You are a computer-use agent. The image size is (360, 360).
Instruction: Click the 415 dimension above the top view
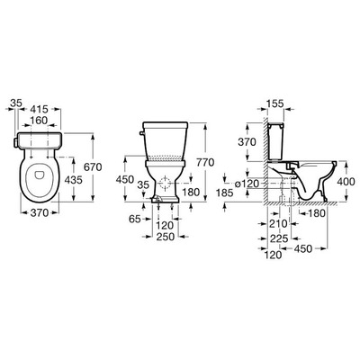40,109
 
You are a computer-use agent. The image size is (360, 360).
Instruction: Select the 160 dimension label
39,121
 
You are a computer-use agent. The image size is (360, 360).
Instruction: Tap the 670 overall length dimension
93,166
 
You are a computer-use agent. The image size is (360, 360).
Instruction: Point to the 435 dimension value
73,180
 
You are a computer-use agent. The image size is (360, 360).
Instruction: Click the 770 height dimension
205,162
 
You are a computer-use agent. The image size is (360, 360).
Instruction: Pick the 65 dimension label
135,219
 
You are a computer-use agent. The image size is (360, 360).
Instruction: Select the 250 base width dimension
166,237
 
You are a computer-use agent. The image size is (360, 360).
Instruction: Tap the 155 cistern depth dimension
274,103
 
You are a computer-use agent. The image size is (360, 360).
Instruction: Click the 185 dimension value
224,193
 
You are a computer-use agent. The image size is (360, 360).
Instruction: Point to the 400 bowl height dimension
346,181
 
